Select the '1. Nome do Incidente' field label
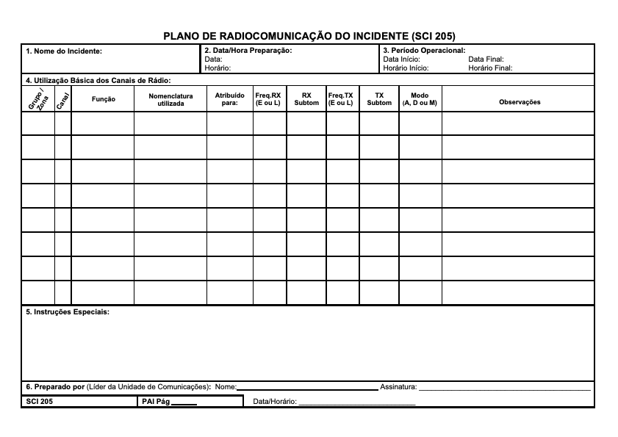point(64,51)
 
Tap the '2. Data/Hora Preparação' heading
point(248,50)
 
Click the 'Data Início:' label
point(402,59)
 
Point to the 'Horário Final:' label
point(490,68)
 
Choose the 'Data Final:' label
point(486,59)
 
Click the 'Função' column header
point(103,99)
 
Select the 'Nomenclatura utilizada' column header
point(170,99)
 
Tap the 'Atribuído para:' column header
point(229,99)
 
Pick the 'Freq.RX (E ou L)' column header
point(268,99)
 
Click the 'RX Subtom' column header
point(306,99)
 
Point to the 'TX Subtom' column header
point(379,99)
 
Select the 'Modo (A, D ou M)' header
point(420,99)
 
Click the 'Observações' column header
point(520,102)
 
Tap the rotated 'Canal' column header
point(62,100)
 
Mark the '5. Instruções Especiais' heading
point(68,312)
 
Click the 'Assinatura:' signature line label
point(398,386)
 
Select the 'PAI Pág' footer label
point(155,402)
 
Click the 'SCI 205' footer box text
point(40,402)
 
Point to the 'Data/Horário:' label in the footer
point(275,402)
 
